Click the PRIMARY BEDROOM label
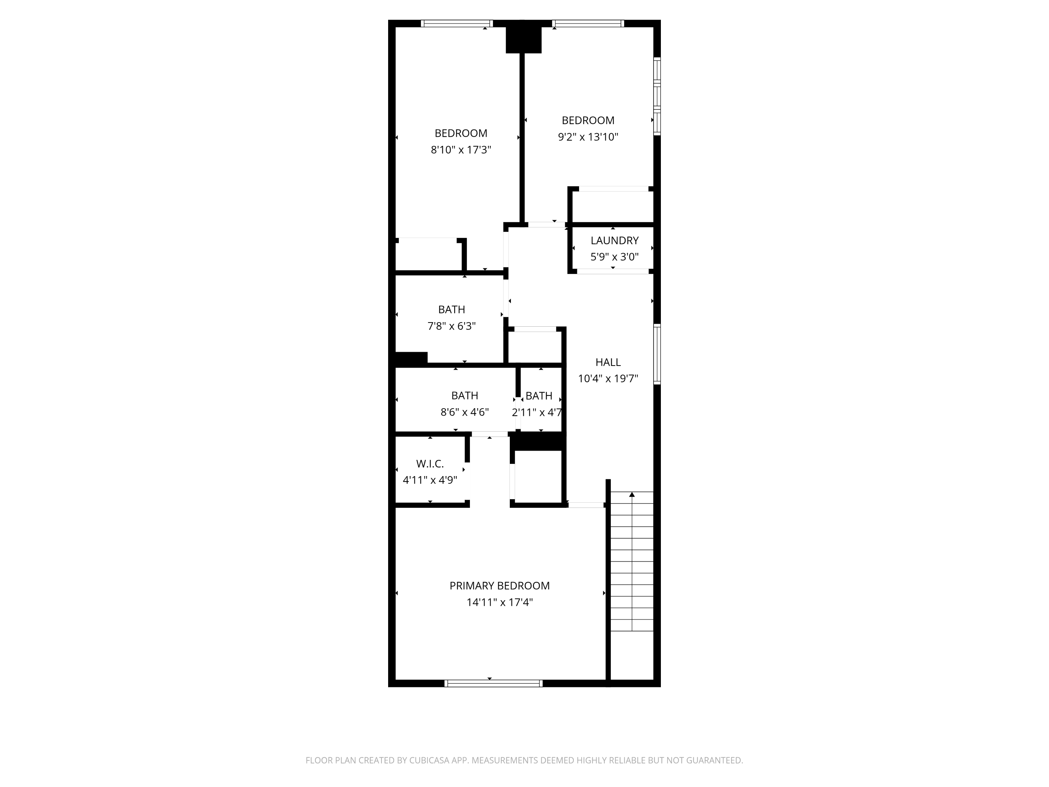point(499,586)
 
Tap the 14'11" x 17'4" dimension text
point(499,602)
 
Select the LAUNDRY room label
point(614,241)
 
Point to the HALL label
point(608,362)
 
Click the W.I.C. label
point(430,464)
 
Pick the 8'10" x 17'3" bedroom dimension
point(461,150)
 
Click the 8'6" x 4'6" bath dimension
point(464,412)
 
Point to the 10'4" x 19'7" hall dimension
point(608,378)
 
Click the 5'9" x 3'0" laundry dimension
point(614,257)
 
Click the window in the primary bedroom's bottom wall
point(493,683)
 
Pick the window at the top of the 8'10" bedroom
point(457,23)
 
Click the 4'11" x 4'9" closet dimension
point(430,480)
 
